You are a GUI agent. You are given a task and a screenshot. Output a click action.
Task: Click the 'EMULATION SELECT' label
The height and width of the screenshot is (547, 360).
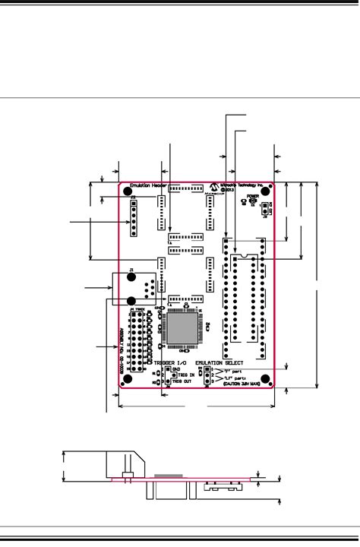click(x=223, y=363)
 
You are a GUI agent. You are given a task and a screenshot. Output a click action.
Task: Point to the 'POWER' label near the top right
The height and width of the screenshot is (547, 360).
click(x=254, y=196)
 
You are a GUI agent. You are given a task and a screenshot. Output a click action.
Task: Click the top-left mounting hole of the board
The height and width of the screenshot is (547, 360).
click(x=128, y=194)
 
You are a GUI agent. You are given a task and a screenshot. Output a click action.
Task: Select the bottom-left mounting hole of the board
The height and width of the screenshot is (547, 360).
click(x=128, y=379)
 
